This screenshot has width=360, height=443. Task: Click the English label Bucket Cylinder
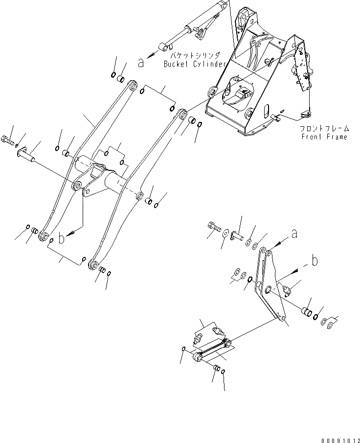(x=195, y=64)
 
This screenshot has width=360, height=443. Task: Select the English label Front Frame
(x=324, y=137)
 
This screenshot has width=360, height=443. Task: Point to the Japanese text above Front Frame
(x=325, y=128)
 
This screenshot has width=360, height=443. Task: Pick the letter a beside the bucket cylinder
(x=141, y=63)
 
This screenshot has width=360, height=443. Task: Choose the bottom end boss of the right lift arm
(x=92, y=266)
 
